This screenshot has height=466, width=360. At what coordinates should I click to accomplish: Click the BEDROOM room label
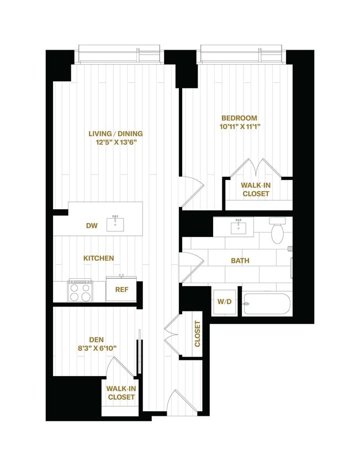[239, 118]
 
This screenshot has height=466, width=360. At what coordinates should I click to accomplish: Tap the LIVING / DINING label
[115, 134]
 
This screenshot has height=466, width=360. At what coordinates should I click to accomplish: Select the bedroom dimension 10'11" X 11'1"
[239, 126]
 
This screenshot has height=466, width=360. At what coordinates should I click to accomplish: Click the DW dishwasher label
[92, 225]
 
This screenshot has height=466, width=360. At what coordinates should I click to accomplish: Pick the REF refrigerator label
[121, 289]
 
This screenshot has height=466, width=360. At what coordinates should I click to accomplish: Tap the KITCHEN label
[98, 258]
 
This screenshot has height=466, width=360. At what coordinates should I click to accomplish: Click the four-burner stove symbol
[80, 291]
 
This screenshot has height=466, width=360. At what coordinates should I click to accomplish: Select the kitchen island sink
[115, 224]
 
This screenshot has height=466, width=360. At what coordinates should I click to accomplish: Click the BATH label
[240, 261]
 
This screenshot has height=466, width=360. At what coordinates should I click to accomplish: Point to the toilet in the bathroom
[278, 231]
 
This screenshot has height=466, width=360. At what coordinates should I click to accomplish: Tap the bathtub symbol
[267, 304]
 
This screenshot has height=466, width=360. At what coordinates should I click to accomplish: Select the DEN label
[97, 340]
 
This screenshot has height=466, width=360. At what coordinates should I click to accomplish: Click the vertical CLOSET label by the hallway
[198, 334]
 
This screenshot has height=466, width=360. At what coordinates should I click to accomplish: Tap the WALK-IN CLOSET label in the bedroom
[255, 189]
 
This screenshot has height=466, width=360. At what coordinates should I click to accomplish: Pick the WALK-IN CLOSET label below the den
[121, 393]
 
